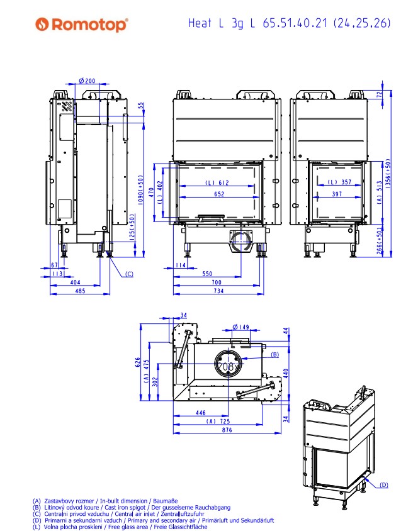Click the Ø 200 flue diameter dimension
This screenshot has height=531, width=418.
[x=88, y=81]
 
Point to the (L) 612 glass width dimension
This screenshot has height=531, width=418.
[x=218, y=182]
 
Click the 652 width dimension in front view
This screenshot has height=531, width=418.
[x=218, y=194]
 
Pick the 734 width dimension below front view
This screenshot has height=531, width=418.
[x=218, y=291]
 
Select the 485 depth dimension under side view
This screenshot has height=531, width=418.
[x=80, y=291]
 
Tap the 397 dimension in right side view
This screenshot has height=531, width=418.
[x=337, y=194]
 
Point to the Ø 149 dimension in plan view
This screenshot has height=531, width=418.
[x=241, y=327]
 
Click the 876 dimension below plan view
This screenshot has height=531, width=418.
[x=227, y=430]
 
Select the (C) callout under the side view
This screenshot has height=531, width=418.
[x=128, y=273]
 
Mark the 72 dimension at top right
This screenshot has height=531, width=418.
[x=380, y=94]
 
